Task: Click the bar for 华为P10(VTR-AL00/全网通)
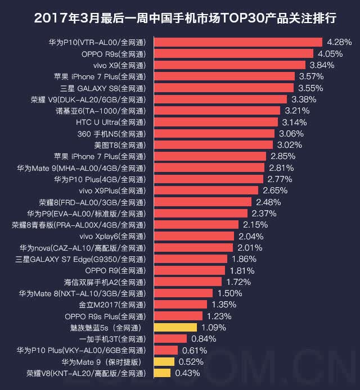click(238, 42)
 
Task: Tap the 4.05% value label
click(330, 54)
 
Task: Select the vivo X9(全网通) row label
click(119, 65)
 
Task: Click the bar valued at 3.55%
click(224, 88)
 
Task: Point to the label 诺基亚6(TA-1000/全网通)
click(101, 111)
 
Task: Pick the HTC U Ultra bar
click(216, 122)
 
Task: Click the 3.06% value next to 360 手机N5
click(291, 134)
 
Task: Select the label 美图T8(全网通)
click(120, 145)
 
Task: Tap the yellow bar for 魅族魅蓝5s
click(175, 327)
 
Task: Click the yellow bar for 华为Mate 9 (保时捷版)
click(164, 362)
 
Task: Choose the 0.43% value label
click(187, 373)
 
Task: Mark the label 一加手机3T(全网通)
click(112, 339)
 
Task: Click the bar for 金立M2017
click(181, 305)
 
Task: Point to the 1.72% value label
click(238, 282)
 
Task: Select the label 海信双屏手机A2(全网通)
click(105, 282)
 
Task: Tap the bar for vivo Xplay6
click(194, 236)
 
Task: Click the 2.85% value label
click(283, 156)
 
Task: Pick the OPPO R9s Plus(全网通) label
click(105, 316)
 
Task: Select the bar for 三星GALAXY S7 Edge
click(191, 259)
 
